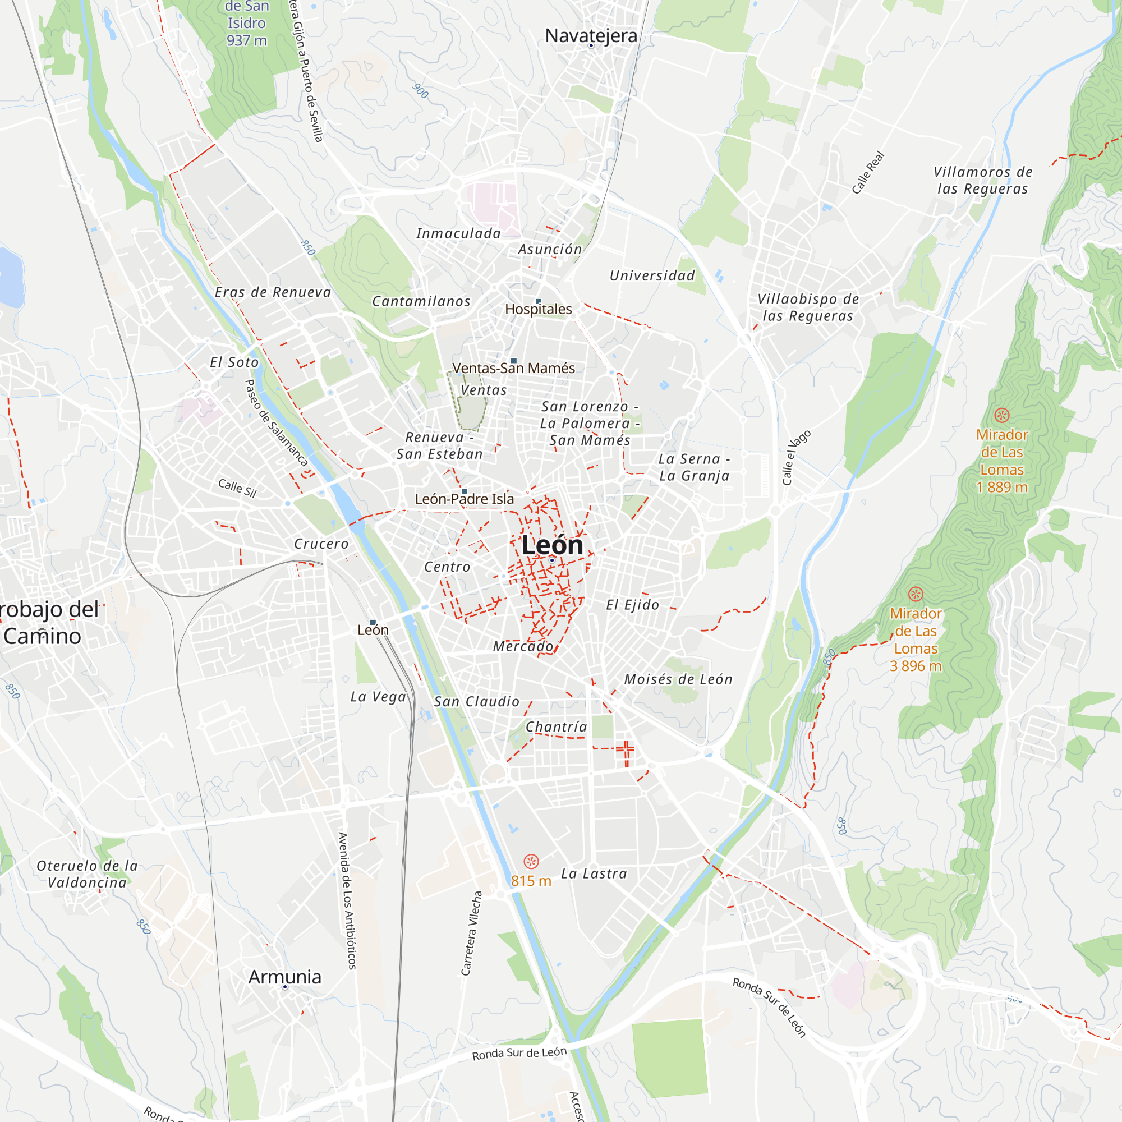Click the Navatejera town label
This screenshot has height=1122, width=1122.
pos(591,36)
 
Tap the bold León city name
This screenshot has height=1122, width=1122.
pos(551,545)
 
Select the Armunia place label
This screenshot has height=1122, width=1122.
pos(284,977)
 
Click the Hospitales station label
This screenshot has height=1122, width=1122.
pos(539,309)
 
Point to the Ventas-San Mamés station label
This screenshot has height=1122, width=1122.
pos(513,368)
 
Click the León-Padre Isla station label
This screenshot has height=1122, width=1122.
pos(464,499)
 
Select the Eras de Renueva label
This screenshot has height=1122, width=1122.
pos(273,292)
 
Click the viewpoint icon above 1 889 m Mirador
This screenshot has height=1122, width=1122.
pos(1001,415)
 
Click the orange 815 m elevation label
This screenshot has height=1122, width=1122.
pos(531,881)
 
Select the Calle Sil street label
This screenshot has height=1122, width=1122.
pos(237,488)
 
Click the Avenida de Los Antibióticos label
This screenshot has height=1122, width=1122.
pos(347,901)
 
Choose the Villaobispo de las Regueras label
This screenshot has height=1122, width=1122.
pos(808,307)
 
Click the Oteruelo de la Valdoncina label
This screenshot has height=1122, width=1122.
pos(87,874)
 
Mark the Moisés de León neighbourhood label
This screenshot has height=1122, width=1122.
pos(678,679)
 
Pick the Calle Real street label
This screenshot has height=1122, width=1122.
pos(868,172)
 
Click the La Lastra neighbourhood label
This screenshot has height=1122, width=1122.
pos(594,874)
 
